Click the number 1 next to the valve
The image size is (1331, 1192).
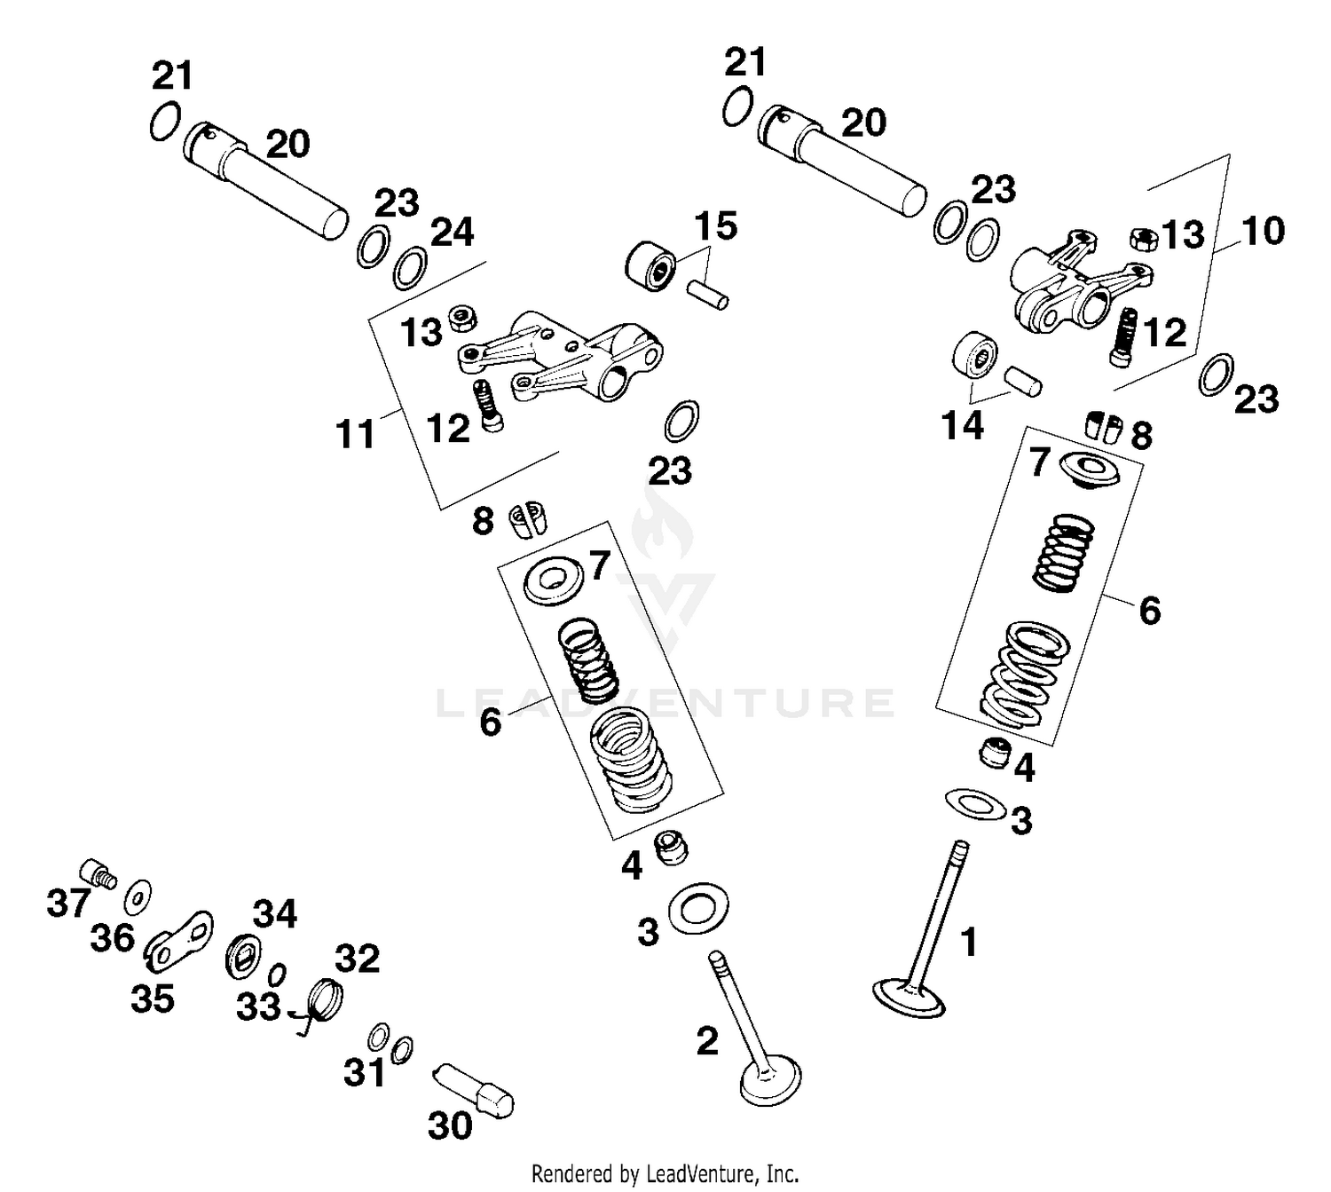click(969, 942)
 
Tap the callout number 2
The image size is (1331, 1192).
click(706, 1041)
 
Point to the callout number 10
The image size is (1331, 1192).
click(1263, 231)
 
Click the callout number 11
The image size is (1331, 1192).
click(355, 436)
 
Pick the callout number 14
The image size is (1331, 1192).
click(963, 426)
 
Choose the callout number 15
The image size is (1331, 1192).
click(715, 226)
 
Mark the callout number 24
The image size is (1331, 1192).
click(453, 233)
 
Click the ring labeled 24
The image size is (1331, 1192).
click(410, 269)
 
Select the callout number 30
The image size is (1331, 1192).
click(450, 1126)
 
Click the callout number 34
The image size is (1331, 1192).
click(275, 913)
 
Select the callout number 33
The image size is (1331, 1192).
click(258, 1007)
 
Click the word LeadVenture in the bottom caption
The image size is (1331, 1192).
click(710, 1173)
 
